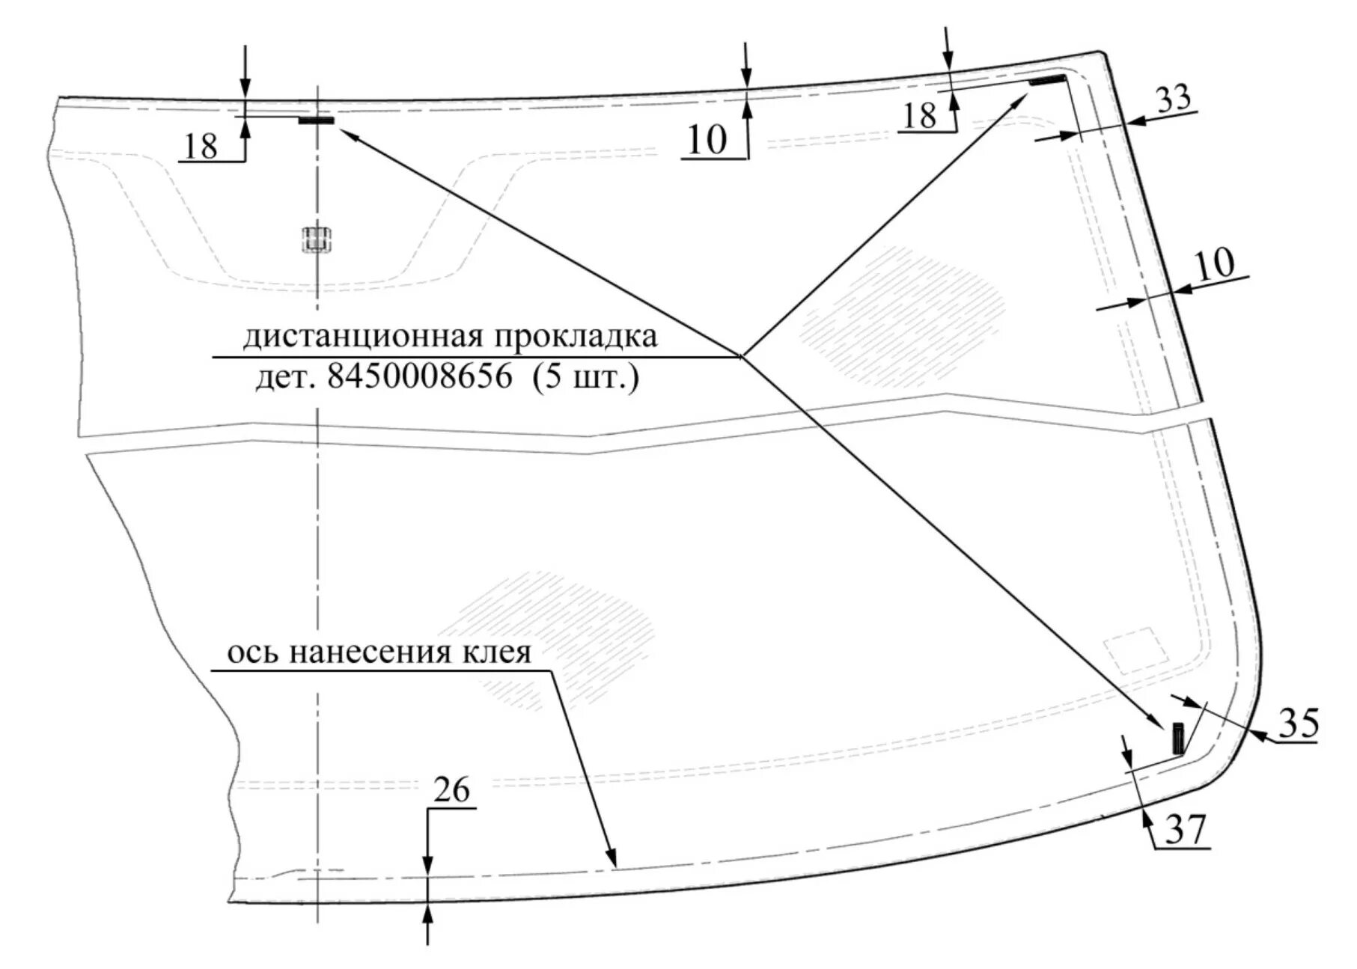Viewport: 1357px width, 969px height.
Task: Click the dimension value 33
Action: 1173,99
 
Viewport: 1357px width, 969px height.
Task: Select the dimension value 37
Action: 1186,829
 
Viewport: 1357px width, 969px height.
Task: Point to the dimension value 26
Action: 451,790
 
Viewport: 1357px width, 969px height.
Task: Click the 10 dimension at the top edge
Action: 707,139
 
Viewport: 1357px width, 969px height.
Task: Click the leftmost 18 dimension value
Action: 201,146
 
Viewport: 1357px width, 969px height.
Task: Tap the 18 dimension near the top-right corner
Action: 920,116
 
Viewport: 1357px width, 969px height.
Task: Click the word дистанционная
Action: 364,337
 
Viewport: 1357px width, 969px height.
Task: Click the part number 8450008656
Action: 420,377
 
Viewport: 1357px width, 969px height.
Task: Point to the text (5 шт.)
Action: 586,377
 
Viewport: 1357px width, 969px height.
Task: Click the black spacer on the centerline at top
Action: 317,120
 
